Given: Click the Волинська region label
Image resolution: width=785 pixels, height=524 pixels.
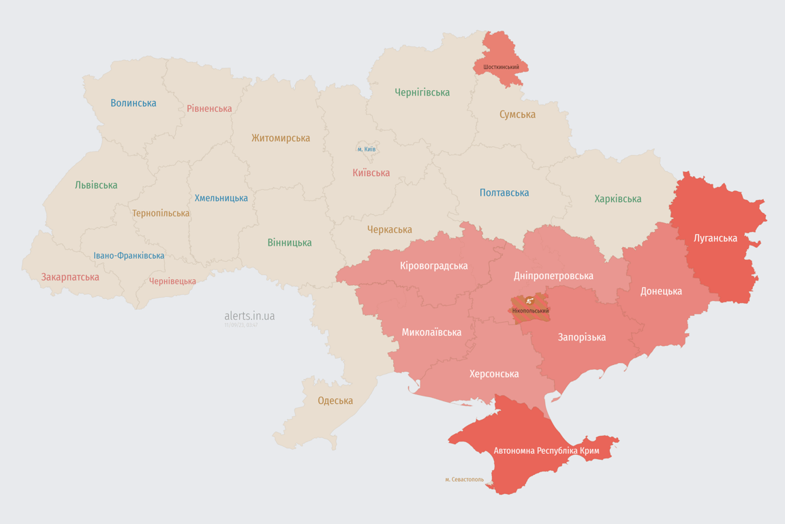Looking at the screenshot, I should (x=134, y=103).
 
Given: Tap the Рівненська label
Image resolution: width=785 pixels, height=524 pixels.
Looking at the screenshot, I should (x=209, y=108).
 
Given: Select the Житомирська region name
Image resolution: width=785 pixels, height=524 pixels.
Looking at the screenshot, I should (x=280, y=138).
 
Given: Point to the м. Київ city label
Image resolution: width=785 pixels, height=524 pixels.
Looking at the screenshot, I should (x=366, y=149).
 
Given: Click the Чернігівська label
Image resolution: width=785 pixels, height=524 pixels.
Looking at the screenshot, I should (x=422, y=92).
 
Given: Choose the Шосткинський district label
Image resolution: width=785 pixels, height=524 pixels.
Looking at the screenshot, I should (x=501, y=67).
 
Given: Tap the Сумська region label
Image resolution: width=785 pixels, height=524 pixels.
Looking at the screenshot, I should (x=517, y=115).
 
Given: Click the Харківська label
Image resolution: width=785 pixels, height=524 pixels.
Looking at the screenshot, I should (x=617, y=199).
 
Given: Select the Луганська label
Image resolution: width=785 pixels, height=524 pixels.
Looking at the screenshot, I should (x=715, y=238).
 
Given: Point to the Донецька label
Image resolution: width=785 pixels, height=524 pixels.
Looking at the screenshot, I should (x=660, y=291).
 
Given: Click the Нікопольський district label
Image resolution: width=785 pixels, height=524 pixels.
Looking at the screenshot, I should (x=529, y=310).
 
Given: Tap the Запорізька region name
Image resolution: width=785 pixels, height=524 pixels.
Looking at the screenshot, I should (x=581, y=337).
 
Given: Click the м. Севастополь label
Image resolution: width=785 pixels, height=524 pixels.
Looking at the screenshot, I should (x=464, y=480).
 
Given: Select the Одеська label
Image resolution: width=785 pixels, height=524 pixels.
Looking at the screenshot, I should (x=335, y=401).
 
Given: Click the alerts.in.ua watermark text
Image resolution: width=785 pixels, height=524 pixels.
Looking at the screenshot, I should (x=249, y=316).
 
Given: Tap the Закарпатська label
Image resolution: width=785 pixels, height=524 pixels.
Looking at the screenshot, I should (x=70, y=277).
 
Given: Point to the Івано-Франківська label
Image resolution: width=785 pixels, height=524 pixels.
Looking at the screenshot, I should (x=129, y=256).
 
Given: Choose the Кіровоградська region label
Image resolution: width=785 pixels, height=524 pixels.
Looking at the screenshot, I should (x=433, y=265).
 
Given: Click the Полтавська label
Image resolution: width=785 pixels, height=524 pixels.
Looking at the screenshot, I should (x=504, y=192).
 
